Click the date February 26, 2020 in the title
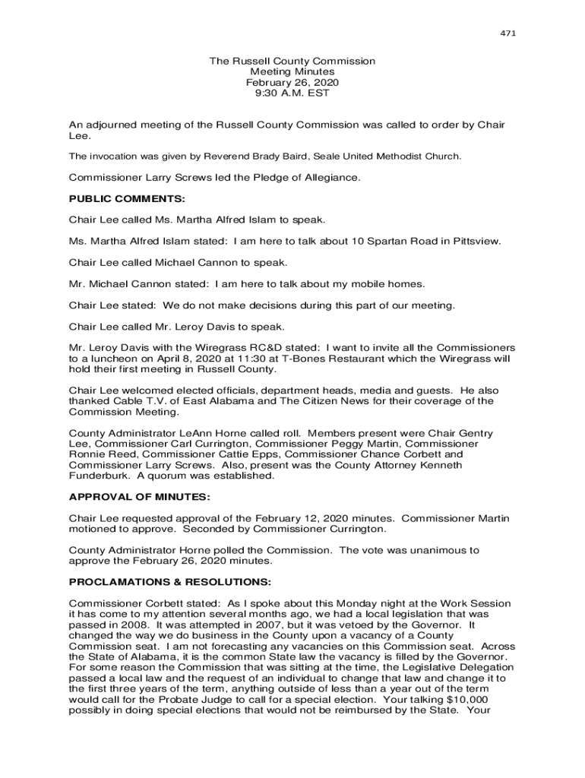[292, 82]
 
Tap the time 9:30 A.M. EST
[292, 93]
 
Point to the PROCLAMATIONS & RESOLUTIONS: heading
[169, 582]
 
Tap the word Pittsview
[474, 241]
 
